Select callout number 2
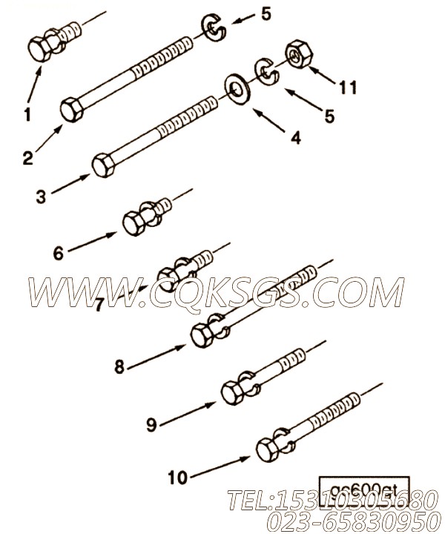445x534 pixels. [x=27, y=157]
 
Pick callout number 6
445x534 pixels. [x=59, y=252]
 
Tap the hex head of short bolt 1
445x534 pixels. [x=40, y=49]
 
